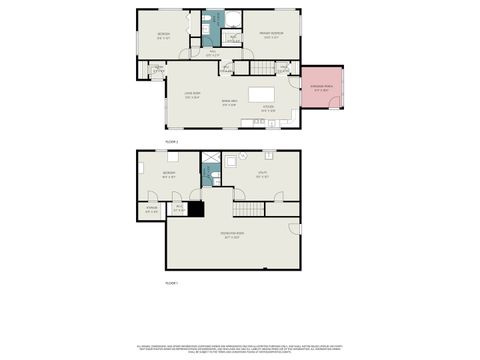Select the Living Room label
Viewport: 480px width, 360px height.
(x=193, y=94)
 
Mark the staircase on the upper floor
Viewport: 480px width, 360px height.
(x=261, y=67)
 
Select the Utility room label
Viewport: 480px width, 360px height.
(x=262, y=175)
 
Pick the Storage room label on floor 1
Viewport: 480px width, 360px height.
(x=152, y=210)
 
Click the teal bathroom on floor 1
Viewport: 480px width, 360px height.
(x=213, y=177)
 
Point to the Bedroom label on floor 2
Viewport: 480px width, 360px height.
(x=163, y=36)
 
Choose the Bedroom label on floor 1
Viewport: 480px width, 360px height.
(x=170, y=174)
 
